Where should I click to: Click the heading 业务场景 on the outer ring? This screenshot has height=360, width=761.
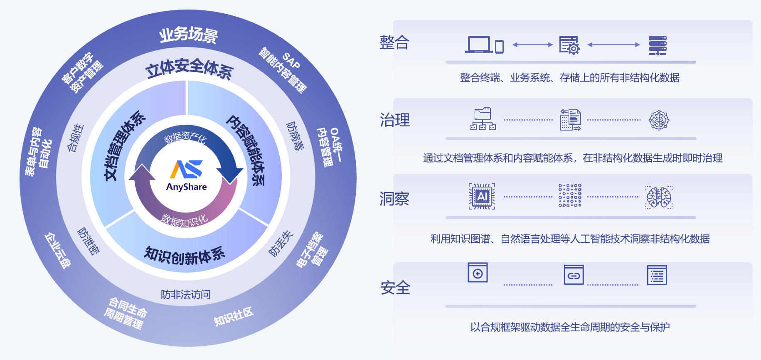(188, 35)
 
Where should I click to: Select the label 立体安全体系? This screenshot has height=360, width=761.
(189, 69)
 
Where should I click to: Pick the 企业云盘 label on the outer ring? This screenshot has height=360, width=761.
(58, 251)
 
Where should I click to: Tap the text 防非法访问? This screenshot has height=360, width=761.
(186, 295)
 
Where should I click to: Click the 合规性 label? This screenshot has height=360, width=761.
(75, 138)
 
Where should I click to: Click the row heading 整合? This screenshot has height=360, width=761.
(394, 42)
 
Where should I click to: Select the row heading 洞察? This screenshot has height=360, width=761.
(394, 199)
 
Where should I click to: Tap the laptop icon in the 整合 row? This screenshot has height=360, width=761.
(479, 44)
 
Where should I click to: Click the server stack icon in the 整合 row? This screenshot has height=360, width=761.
(658, 45)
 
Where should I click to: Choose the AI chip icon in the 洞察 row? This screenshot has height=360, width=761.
(482, 196)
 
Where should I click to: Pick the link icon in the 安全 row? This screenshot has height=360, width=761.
(574, 275)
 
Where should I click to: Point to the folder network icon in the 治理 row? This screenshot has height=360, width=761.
(483, 119)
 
